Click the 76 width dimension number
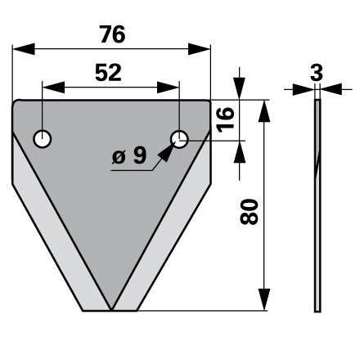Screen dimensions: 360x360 click(112, 34)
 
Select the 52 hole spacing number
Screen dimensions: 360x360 click(108, 73)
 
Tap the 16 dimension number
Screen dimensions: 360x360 click(226, 119)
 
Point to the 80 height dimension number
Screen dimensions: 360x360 click(249, 212)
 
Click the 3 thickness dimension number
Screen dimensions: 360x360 click(317, 73)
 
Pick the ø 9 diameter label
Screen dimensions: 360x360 click(129, 155)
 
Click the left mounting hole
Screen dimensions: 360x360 click(43, 139)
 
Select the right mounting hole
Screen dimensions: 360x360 click(179, 139)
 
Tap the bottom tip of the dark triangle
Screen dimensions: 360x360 click(111, 310)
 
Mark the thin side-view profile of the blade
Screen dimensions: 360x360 click(317, 205)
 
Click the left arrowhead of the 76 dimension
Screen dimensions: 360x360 click(24, 49)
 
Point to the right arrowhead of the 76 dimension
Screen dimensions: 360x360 click(199, 49)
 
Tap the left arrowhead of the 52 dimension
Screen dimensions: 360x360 click(54, 88)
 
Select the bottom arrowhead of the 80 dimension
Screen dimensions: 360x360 click(264, 299)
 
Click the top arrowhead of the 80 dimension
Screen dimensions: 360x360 click(264, 111)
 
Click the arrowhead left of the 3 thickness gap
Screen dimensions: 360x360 click(304, 89)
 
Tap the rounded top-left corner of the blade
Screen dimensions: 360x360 click(15, 103)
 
